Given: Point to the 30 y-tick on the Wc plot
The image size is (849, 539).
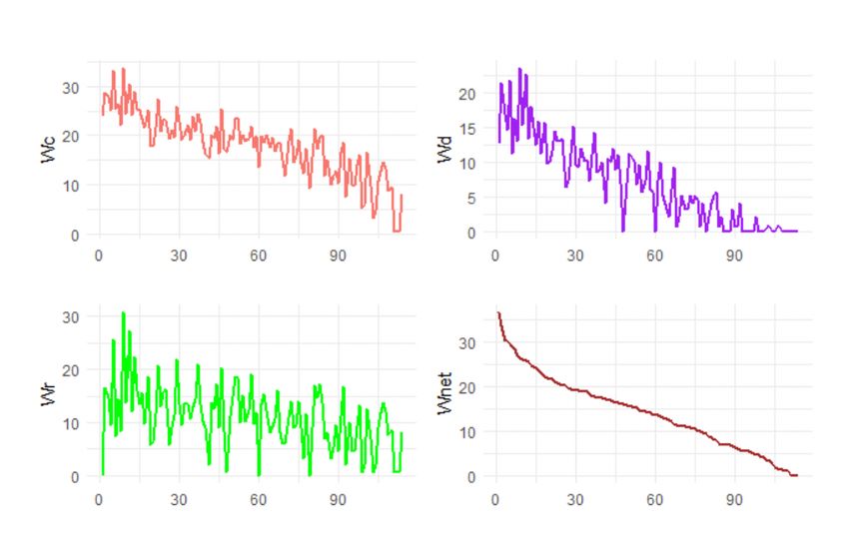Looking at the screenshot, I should click(71, 87).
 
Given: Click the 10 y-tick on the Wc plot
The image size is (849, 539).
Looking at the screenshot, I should click(71, 186).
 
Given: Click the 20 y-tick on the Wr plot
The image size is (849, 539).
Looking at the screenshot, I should click(71, 369).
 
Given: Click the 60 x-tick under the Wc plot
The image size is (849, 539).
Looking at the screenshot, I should click(258, 255).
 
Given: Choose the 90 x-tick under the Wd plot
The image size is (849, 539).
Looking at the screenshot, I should click(734, 255).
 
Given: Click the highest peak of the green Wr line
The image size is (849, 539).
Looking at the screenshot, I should click(123, 313).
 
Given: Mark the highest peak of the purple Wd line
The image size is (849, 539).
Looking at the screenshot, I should click(519, 69).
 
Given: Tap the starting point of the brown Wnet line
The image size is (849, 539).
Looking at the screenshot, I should click(497, 312).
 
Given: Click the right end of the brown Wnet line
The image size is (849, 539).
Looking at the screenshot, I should click(797, 475).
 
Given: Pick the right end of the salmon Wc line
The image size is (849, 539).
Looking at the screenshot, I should click(402, 196).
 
